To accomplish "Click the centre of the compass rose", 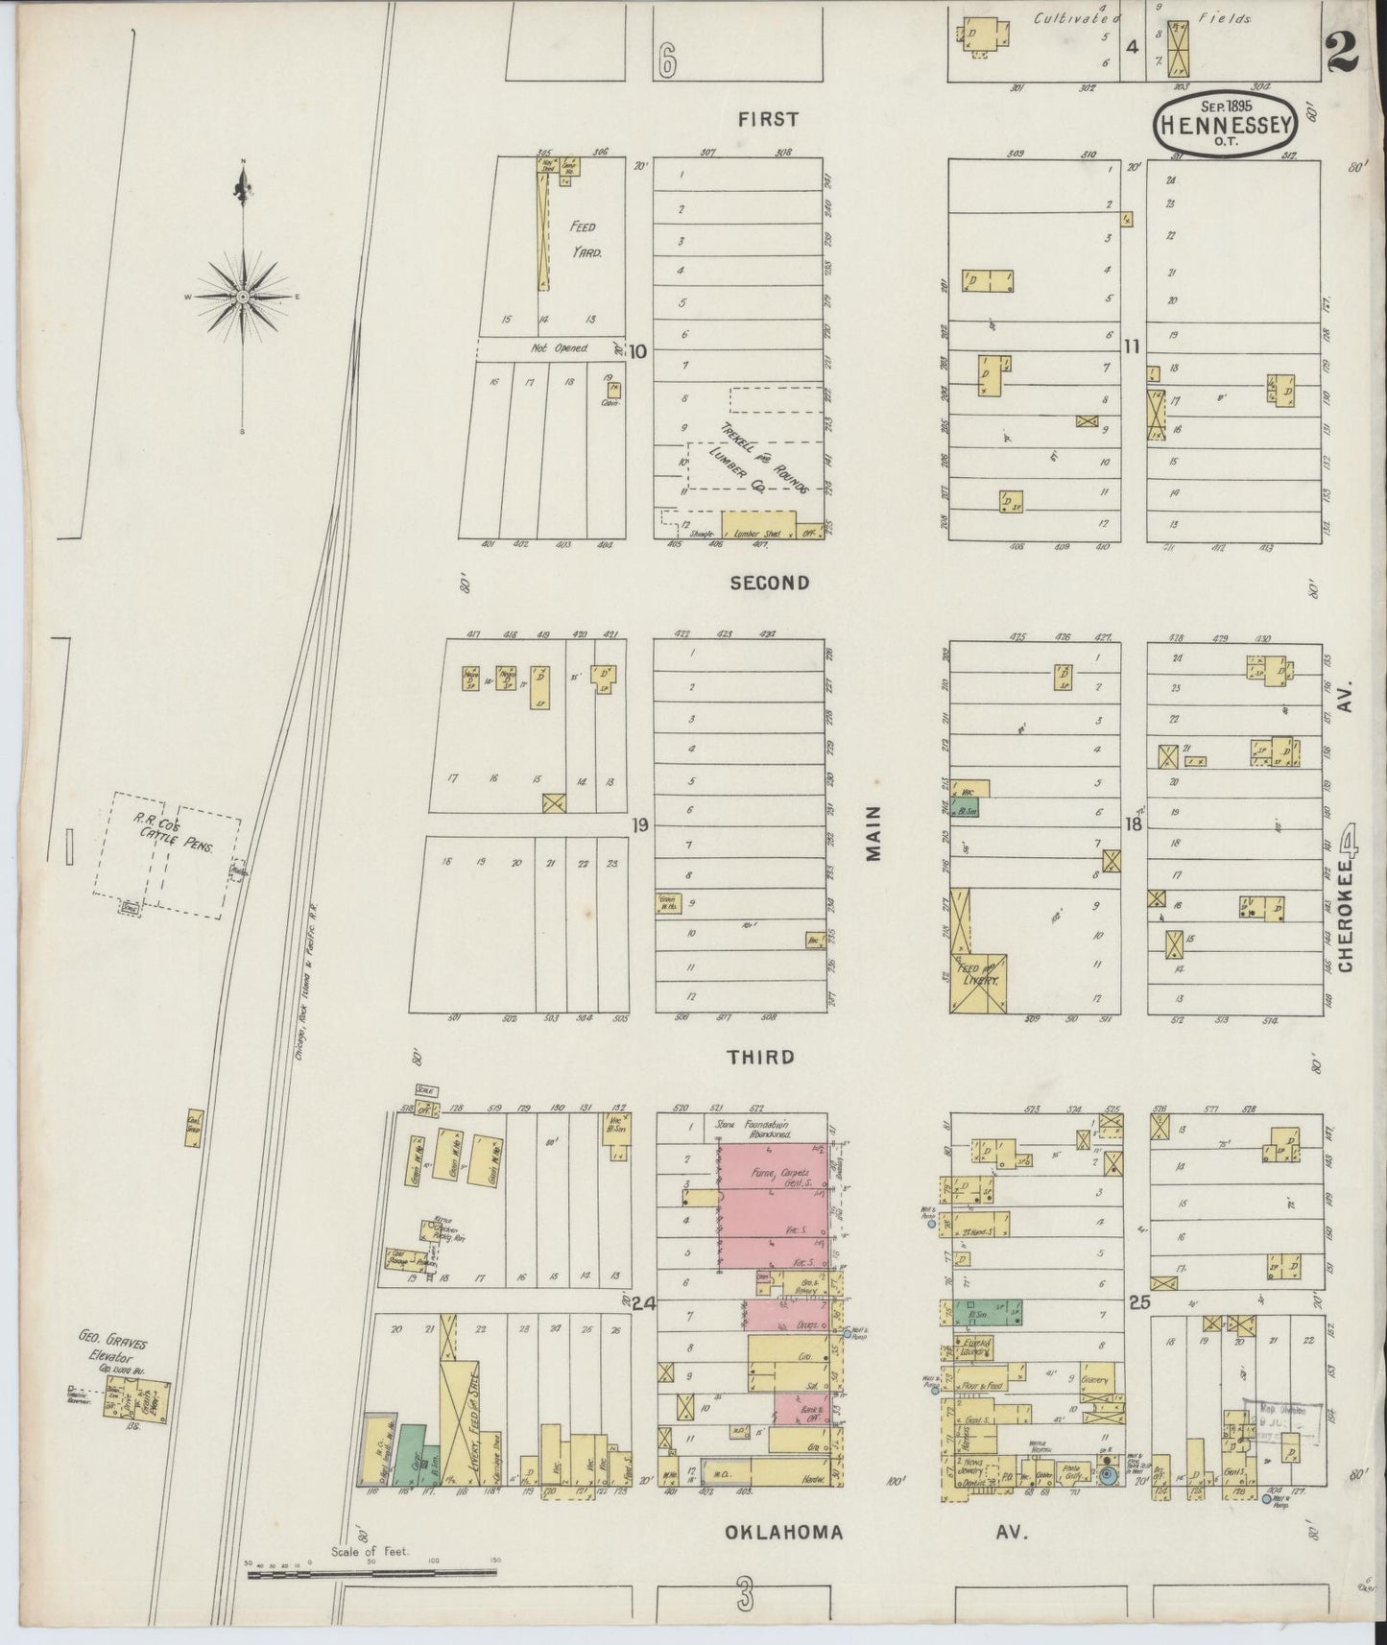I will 243,297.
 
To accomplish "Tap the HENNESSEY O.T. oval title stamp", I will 1227,122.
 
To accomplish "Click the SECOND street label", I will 769,583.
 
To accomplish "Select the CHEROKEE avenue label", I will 1348,911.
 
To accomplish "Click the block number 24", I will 642,1302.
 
